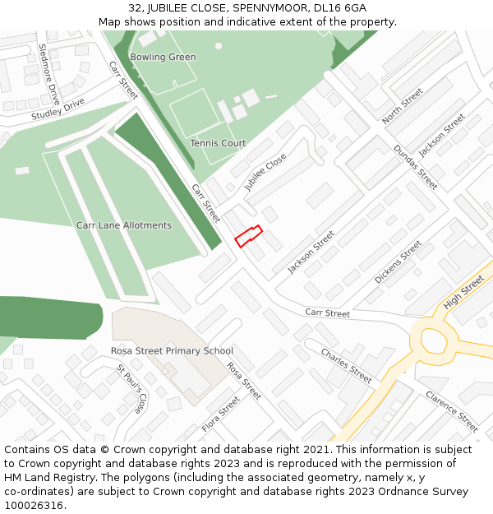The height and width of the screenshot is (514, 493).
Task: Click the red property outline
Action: point(248,236)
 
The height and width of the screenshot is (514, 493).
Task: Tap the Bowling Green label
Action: point(163,57)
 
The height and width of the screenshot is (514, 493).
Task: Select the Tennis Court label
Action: point(218,143)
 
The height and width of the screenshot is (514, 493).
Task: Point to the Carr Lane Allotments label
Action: point(124,225)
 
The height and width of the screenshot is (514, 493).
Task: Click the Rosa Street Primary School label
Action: point(172,351)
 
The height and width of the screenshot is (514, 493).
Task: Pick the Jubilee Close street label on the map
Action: point(265,173)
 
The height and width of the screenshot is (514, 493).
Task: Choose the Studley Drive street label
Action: point(58,109)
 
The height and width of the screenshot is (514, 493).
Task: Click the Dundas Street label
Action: point(416,168)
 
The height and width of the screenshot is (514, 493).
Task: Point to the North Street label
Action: point(403,106)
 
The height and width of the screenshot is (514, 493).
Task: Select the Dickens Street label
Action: point(399,262)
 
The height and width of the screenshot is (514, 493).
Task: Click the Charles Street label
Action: point(346,366)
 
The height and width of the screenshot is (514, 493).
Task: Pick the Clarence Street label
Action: point(451,410)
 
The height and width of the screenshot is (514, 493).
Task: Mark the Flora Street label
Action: point(220,415)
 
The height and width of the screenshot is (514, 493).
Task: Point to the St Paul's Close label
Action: point(131,389)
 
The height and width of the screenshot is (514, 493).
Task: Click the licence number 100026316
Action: point(35,505)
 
